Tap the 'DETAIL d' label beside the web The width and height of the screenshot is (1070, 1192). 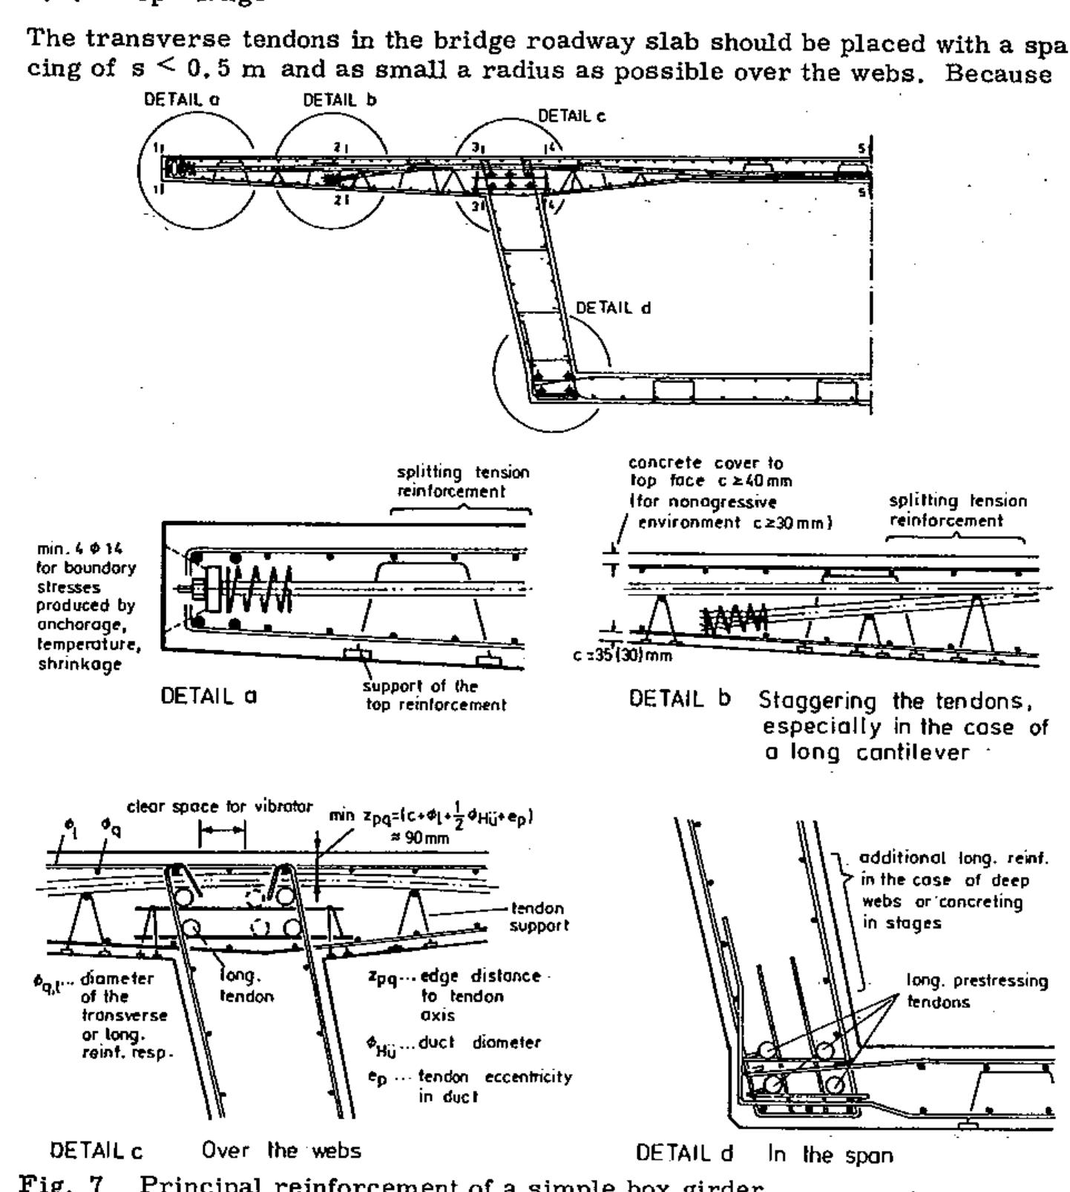click(613, 308)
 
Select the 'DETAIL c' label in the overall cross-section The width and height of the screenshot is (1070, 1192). click(571, 116)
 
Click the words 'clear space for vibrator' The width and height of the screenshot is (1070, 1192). click(220, 808)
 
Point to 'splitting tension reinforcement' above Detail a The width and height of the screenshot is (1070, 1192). click(463, 482)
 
